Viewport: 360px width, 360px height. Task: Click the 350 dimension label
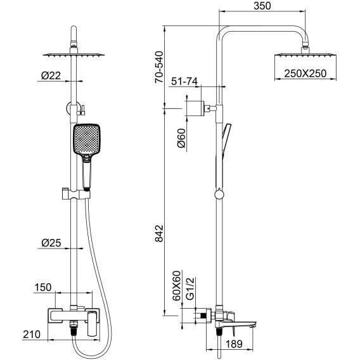click(262, 6)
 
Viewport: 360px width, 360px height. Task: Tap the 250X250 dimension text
click(305, 74)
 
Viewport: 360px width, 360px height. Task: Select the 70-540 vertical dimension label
click(159, 67)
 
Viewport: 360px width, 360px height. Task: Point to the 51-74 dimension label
click(184, 81)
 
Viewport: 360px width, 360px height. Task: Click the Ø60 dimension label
click(181, 138)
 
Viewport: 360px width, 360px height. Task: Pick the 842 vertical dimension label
click(159, 233)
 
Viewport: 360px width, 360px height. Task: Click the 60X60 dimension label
click(177, 286)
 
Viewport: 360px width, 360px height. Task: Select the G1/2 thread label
click(190, 288)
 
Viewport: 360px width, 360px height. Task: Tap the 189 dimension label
click(234, 344)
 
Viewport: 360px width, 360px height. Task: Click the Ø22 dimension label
click(51, 75)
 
